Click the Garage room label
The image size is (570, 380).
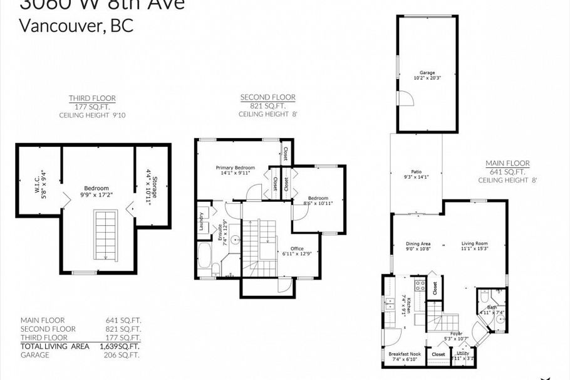427,73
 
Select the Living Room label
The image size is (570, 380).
475,243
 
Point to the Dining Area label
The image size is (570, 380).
418,243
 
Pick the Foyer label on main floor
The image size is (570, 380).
456,334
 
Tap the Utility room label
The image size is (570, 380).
463,354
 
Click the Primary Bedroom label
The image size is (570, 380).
236,167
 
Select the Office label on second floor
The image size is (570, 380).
297,249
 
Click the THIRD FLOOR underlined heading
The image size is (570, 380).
92,98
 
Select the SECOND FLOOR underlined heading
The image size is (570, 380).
267,97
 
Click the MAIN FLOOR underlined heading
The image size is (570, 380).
507,163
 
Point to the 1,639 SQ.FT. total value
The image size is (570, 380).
119,346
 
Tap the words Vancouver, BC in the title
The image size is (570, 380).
76,26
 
